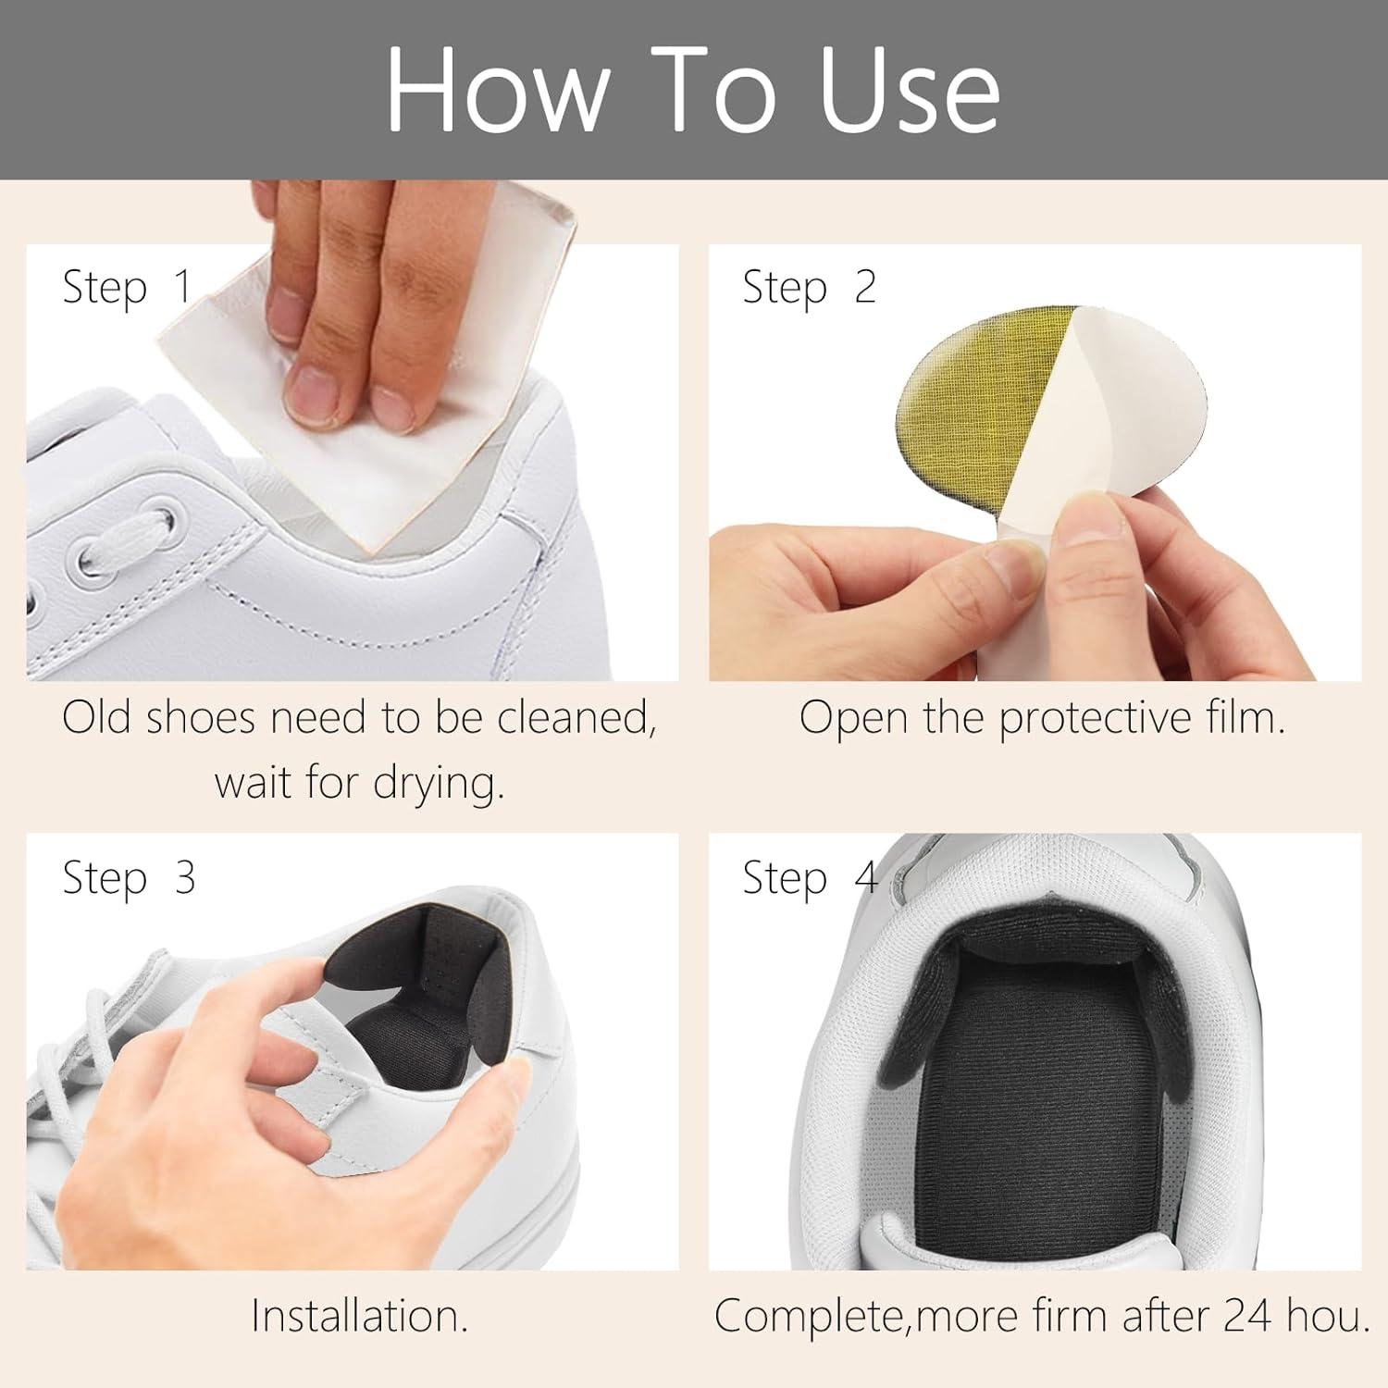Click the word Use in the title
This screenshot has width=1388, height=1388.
[x=911, y=90]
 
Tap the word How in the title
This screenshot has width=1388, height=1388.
[x=498, y=90]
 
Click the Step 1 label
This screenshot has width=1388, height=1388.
[x=127, y=288]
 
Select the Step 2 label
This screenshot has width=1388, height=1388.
[x=809, y=288]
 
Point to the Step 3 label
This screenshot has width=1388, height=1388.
[x=129, y=878]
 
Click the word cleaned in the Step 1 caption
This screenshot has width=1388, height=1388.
[x=576, y=717]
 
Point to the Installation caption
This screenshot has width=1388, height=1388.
[x=359, y=1316]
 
